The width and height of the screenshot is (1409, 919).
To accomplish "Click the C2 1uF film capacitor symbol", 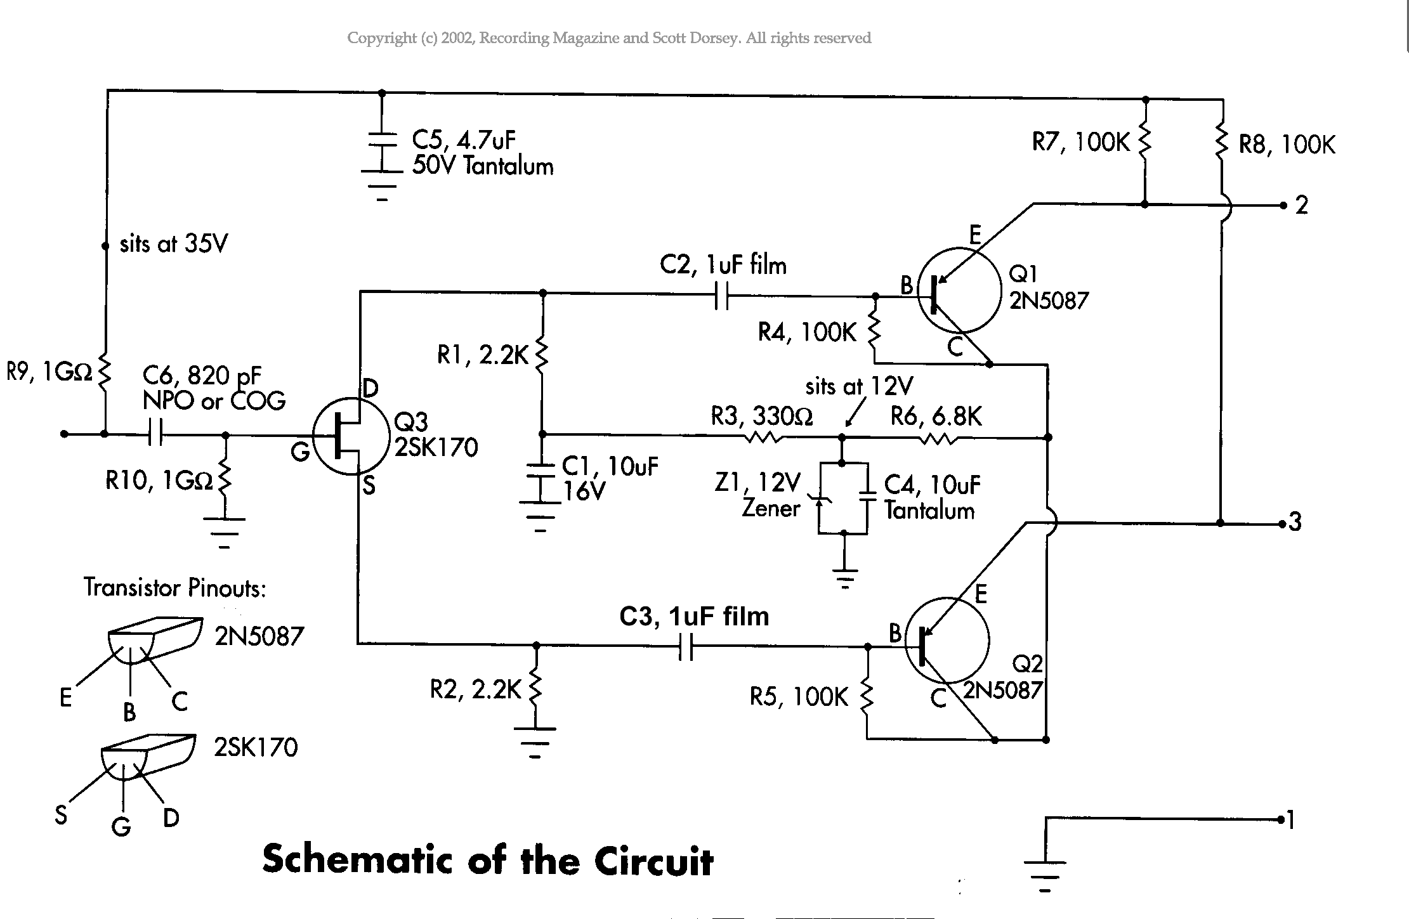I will tap(721, 296).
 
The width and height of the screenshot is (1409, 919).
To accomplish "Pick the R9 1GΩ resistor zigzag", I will tap(105, 372).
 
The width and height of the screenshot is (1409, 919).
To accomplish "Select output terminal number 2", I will tap(1283, 205).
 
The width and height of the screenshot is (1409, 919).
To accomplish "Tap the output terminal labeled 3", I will tap(1281, 524).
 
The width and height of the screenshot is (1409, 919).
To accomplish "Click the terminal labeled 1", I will tap(1281, 820).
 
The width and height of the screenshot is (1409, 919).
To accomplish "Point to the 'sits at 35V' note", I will tap(173, 244).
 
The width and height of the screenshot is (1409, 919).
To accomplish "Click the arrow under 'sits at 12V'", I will tap(853, 414).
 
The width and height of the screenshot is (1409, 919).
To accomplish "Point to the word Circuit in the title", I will tap(653, 861).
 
